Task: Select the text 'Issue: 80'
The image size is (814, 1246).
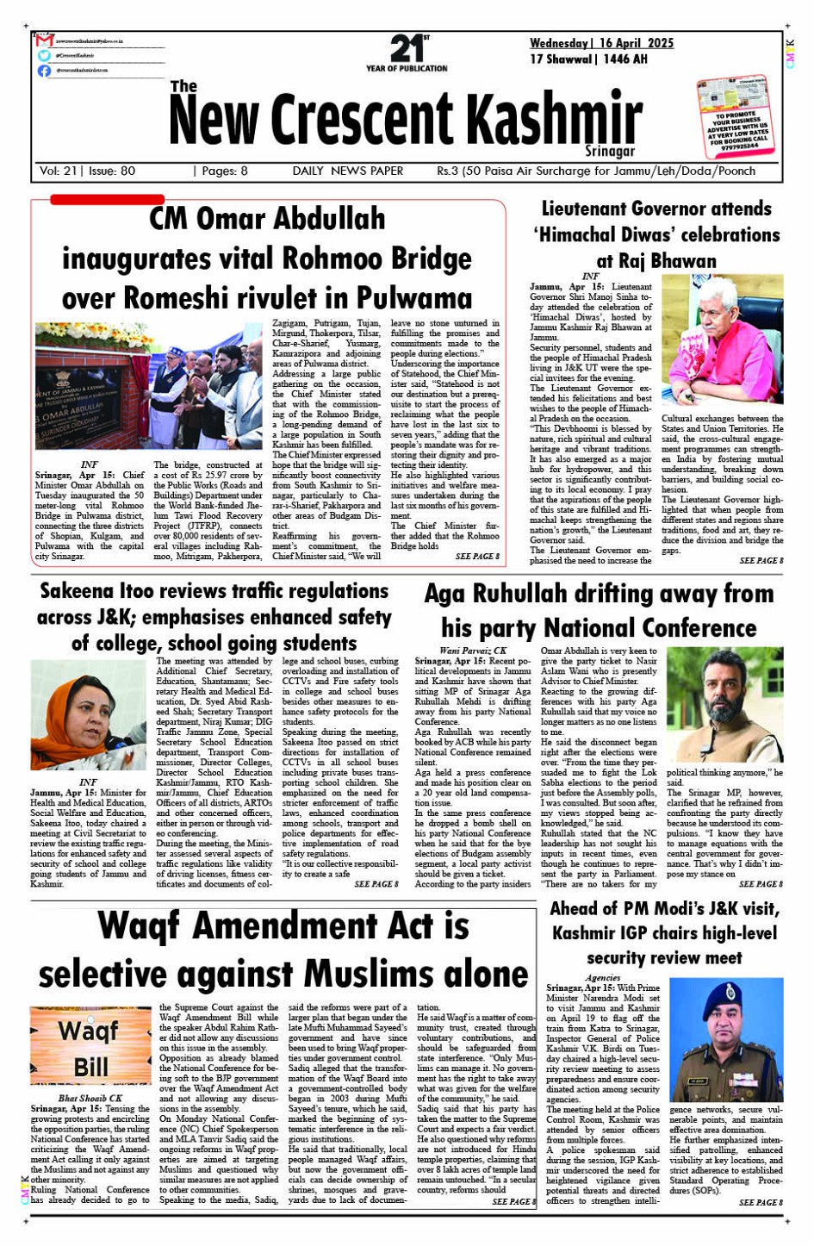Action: click(x=111, y=171)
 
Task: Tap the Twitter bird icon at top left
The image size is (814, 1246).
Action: click(x=44, y=55)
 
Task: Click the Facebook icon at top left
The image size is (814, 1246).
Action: click(x=44, y=71)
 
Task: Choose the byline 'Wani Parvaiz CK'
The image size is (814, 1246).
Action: click(x=473, y=651)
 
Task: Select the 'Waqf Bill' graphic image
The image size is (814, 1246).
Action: click(x=90, y=1047)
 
